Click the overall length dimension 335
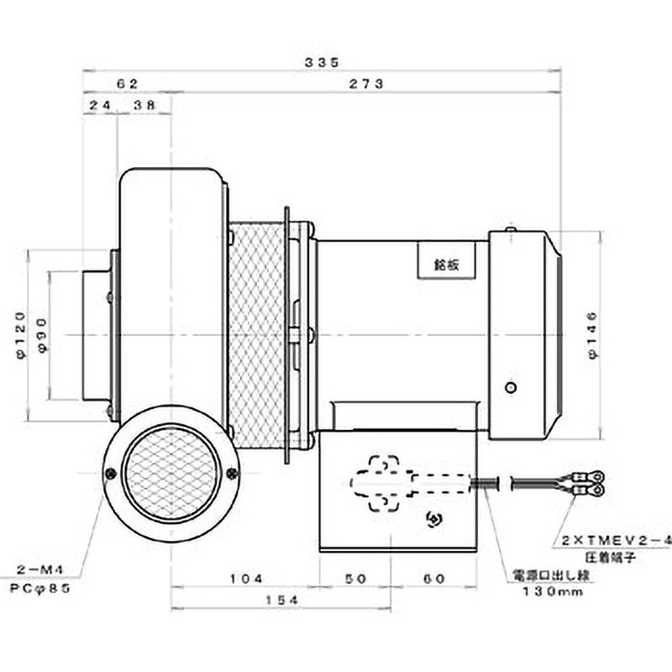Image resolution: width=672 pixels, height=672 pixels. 322,61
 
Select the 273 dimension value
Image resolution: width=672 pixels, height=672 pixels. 366,84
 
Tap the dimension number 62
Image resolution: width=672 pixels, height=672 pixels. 127,84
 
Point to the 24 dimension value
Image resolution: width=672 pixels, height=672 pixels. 100,107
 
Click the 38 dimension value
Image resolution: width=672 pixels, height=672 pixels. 144,107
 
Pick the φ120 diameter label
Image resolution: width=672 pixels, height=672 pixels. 21,333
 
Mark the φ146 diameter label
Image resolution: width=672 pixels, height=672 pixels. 594,333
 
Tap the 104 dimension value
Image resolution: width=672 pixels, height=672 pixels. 245,579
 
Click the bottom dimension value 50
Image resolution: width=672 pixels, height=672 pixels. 356,579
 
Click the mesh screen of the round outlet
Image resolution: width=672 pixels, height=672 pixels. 171,475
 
